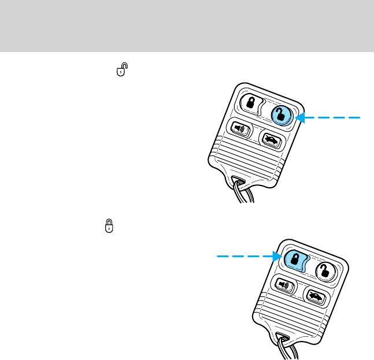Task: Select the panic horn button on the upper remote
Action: (x=239, y=128)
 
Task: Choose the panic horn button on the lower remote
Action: (x=283, y=285)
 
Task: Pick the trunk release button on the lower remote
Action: (x=315, y=297)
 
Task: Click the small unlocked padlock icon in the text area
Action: (x=121, y=70)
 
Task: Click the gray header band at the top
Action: (x=187, y=25)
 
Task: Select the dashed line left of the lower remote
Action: (x=240, y=255)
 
